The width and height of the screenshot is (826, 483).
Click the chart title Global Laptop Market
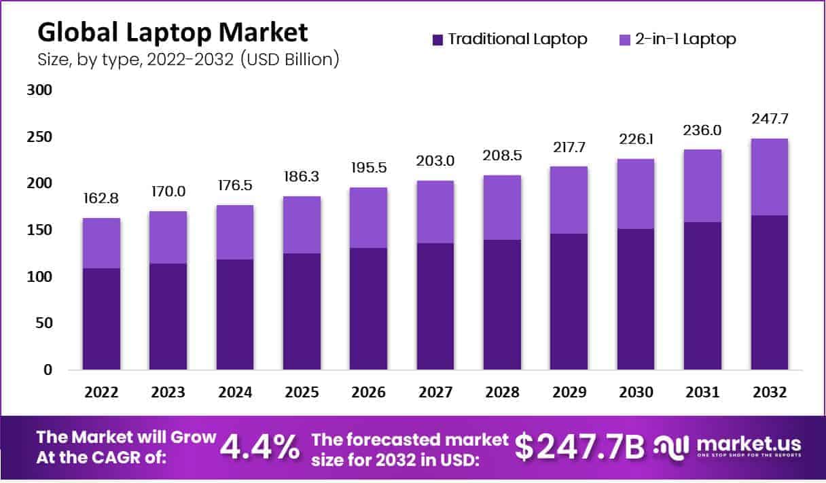[x=172, y=32]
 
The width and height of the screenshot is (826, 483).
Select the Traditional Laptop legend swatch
[x=437, y=39]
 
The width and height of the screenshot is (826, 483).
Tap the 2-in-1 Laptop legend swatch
[x=624, y=39]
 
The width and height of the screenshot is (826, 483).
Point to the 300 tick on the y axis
[x=39, y=90]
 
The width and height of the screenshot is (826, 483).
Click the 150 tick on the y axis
[x=39, y=230]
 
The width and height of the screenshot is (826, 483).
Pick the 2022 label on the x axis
[x=101, y=393]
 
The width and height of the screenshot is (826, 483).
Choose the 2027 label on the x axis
[x=435, y=393]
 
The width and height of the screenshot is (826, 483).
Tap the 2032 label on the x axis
[x=769, y=393]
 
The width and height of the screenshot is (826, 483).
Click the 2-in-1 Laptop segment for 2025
[x=302, y=225]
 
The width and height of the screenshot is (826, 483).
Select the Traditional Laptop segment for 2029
[x=569, y=302]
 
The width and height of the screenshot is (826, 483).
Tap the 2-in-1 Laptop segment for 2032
[x=769, y=177]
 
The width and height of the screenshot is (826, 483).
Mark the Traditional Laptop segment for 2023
[x=168, y=317]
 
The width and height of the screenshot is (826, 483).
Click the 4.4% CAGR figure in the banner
[x=261, y=446]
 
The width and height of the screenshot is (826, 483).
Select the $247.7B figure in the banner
[x=579, y=446]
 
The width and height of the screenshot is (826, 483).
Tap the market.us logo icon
[x=670, y=446]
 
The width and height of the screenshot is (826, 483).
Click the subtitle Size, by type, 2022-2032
[x=188, y=59]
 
